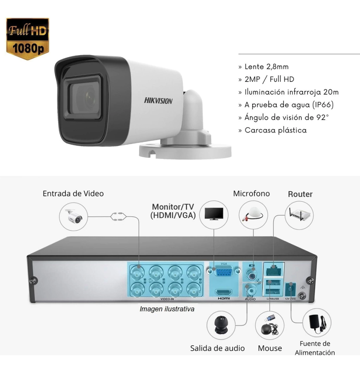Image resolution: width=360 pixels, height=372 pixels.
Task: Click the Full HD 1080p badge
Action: coord(27,39)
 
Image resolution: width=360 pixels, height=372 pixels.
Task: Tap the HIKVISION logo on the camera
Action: coord(158,101)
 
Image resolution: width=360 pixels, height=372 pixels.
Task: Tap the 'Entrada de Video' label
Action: coord(73,193)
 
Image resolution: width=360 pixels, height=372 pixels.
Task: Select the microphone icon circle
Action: coord(253,215)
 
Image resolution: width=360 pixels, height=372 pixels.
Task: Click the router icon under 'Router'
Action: coord(299,215)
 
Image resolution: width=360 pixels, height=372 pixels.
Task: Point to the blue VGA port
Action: coord(224,272)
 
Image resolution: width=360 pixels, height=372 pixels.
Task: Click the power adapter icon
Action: coord(317,322)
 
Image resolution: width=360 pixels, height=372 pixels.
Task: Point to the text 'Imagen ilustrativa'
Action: coord(167,309)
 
